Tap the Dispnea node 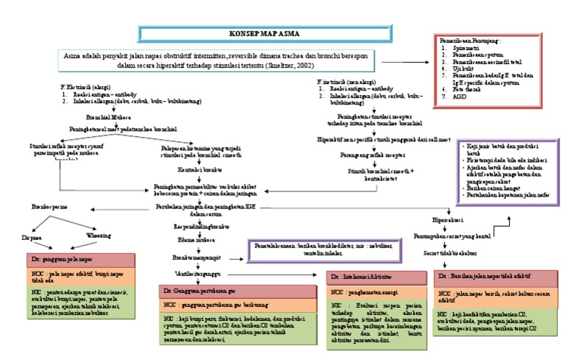[x=29, y=237]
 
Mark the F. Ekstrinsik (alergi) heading [x=86, y=87]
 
